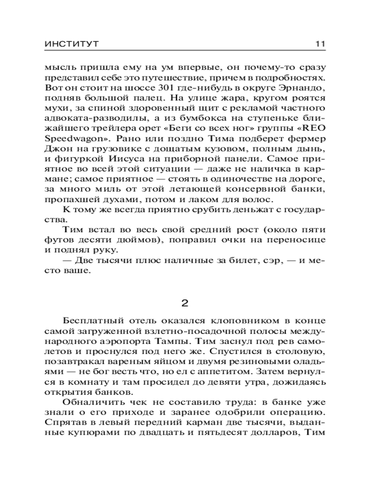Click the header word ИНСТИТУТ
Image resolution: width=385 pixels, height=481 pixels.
(71, 44)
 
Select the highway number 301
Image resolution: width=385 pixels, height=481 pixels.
(167, 89)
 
